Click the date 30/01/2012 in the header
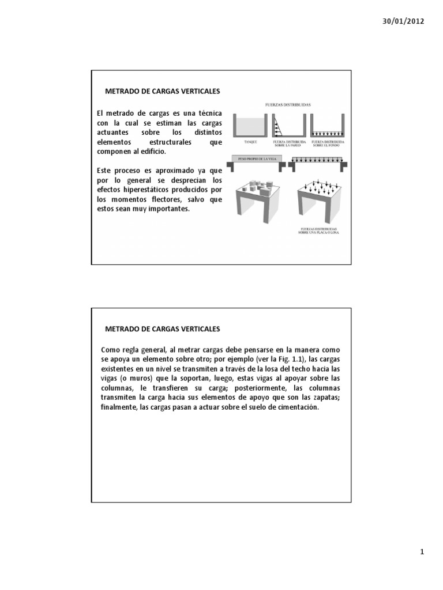tap(404, 21)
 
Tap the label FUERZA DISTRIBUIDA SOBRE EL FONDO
tap(327, 142)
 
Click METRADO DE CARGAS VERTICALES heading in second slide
tap(163, 329)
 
